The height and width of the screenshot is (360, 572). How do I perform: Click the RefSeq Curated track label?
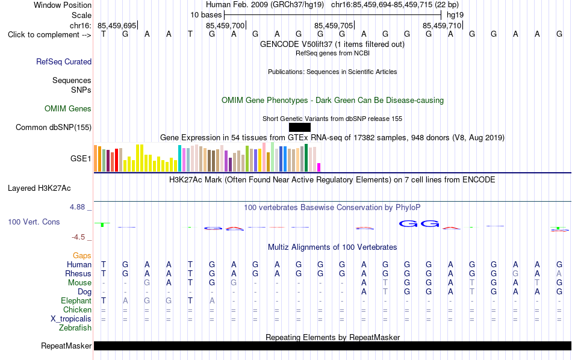point(64,61)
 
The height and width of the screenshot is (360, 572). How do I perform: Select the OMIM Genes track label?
point(68,109)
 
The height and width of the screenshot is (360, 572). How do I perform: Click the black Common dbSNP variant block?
point(300,127)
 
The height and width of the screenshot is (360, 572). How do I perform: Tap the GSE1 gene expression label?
point(81,158)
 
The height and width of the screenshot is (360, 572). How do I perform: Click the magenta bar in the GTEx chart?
point(319,167)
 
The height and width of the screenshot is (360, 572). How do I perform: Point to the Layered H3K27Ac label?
point(39,188)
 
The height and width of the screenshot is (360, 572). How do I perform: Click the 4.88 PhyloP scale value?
point(77,207)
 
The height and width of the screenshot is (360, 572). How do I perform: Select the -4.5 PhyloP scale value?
point(78,237)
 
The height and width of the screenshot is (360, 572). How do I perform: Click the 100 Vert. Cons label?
point(34,222)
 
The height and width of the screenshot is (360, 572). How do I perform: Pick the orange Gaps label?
point(82,255)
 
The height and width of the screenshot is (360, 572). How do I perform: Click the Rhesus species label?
point(78,273)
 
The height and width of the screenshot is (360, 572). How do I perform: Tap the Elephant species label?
point(76,300)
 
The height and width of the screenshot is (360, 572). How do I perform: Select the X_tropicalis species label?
point(71,319)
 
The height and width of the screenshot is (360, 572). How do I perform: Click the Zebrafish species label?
point(75,327)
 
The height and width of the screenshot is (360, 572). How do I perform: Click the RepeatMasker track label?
point(66,346)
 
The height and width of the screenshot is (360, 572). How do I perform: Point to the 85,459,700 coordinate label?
point(225,25)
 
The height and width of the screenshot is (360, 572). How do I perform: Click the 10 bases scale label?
point(206,15)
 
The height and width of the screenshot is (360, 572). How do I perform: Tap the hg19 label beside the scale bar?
point(455,15)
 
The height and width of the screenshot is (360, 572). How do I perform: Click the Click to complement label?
point(49,35)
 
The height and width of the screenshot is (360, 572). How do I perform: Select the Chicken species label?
point(77,309)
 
